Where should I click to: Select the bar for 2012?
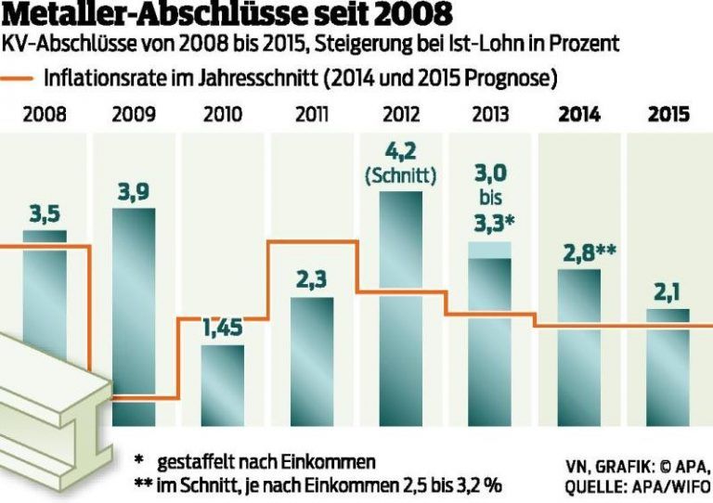401,306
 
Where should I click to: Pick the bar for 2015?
668,367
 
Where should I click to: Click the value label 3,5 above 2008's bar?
45,214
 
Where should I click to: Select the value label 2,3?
312,279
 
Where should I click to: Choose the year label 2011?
312,116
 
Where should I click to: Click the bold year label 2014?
579,116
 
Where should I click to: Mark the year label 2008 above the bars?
45,116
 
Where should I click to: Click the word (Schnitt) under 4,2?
401,176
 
